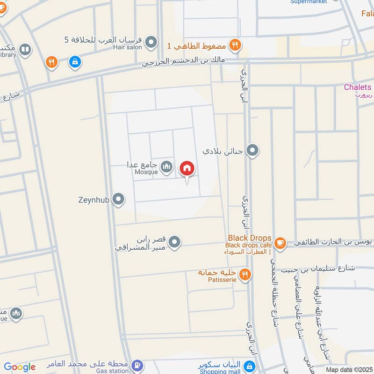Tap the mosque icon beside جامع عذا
tap(166, 166)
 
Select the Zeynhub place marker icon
tap(119, 200)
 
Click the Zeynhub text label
tap(93, 200)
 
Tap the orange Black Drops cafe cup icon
tap(280, 242)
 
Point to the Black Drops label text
tap(249, 238)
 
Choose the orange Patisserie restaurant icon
tap(245, 275)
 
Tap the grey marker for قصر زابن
tap(174, 242)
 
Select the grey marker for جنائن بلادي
tap(253, 151)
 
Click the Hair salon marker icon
tap(151, 43)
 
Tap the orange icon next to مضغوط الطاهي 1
tap(236, 45)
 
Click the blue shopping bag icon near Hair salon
tap(74, 61)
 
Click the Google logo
tap(19, 367)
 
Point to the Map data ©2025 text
tap(349, 369)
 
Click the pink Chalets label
tap(357, 87)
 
